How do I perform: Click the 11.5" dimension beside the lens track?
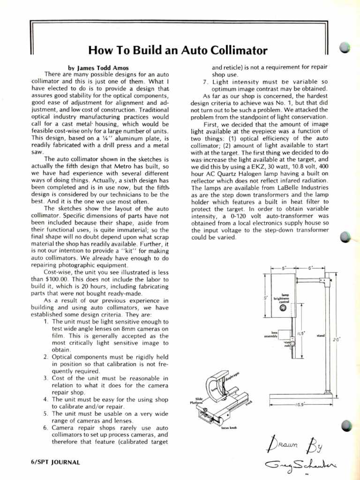tap(301, 333)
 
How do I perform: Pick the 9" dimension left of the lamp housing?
tap(265, 298)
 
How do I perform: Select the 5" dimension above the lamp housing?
tap(284, 269)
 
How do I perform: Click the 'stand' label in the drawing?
tap(321, 336)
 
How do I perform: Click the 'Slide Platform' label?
tap(196, 400)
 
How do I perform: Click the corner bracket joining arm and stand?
tap(322, 281)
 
